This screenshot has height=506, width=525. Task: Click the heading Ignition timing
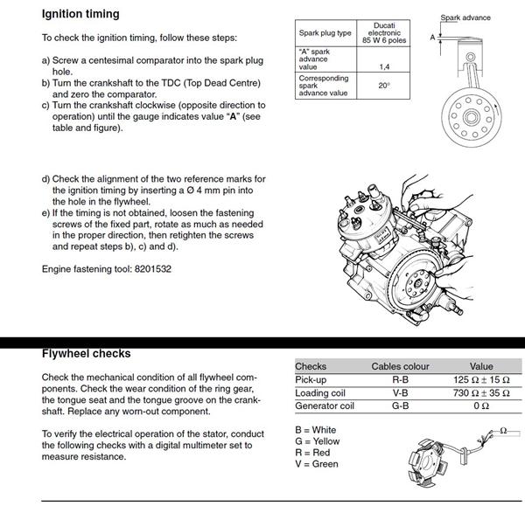pos(80,15)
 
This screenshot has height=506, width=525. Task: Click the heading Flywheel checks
pos(86,354)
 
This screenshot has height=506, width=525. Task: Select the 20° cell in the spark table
pos(384,86)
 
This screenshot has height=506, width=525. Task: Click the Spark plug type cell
pos(325,32)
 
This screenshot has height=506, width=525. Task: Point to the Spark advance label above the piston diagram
pos(465,17)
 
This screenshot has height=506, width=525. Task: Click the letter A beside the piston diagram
pos(432,38)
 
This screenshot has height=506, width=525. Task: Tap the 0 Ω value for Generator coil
pos(481,405)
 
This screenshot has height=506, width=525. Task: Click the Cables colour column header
pos(400,366)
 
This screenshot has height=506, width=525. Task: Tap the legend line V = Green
pos(317,463)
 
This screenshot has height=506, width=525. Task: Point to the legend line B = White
pos(316,430)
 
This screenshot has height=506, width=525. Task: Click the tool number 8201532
pos(148,269)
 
